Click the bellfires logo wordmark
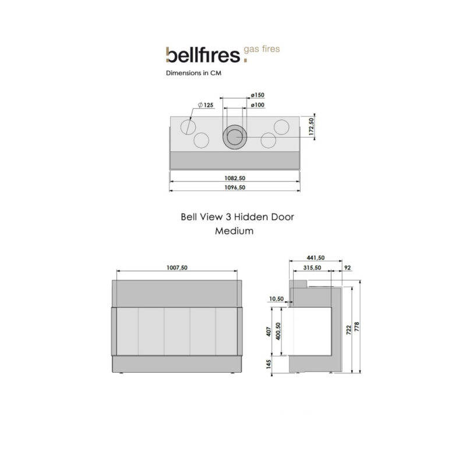[x=201, y=55]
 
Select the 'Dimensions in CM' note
[x=194, y=74]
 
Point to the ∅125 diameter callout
[x=206, y=104]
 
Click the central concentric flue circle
[x=235, y=137]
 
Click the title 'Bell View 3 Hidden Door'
[x=236, y=216]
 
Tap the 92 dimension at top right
[x=348, y=267]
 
